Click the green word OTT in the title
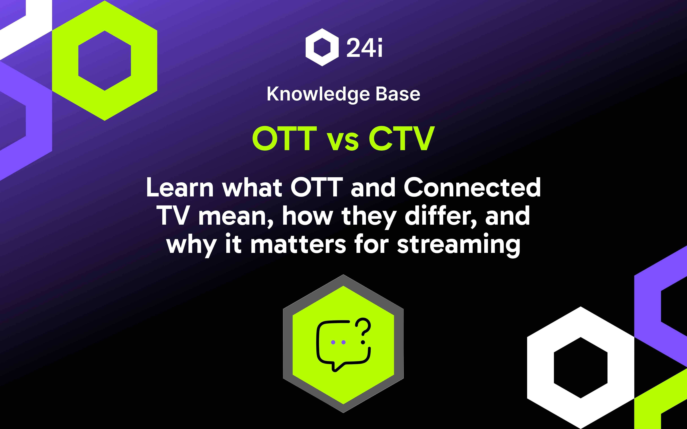[x=284, y=138]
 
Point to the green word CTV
[x=402, y=138]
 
